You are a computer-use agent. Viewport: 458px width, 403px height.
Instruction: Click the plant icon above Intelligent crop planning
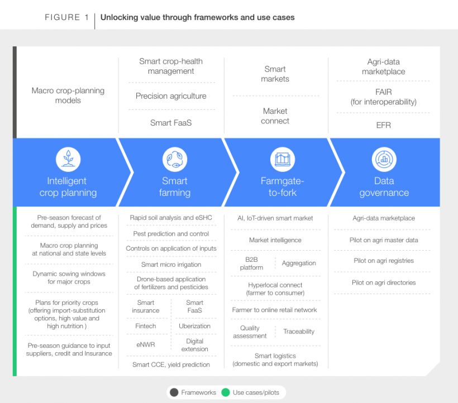68,159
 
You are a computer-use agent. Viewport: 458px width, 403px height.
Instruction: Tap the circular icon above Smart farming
175,159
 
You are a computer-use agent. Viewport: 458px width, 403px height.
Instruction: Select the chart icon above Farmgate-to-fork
283,159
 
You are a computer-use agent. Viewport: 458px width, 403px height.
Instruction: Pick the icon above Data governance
384,159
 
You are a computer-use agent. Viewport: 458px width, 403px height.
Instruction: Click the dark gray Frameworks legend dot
174,392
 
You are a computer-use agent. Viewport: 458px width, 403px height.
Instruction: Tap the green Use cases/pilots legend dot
226,392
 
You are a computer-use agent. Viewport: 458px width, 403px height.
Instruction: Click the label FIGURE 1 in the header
66,17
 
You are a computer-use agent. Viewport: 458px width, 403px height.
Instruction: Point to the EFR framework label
384,125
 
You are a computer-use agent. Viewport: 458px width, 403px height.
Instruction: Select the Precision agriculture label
171,96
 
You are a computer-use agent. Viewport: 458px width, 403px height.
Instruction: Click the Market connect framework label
275,116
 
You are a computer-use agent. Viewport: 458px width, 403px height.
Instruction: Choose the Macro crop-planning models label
68,95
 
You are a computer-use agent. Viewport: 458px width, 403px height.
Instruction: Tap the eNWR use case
145,344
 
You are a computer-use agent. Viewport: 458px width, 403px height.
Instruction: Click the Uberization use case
194,326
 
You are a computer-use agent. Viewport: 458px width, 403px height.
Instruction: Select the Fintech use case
145,326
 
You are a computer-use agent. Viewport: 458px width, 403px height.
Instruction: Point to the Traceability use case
299,332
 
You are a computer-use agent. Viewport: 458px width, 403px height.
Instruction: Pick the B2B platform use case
251,263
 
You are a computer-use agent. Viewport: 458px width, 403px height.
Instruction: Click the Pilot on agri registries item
384,261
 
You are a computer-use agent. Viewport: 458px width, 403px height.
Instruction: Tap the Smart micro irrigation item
171,265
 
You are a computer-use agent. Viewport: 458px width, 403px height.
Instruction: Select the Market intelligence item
275,240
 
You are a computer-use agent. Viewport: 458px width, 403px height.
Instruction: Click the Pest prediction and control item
171,234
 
